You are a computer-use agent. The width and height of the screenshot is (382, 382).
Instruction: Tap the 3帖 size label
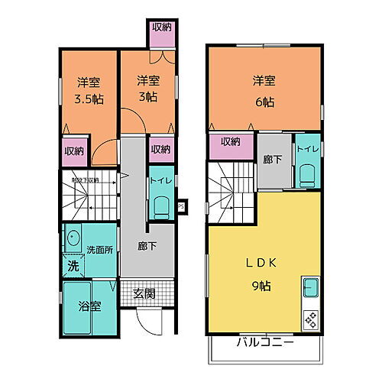148,97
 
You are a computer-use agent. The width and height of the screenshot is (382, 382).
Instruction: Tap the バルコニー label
264,342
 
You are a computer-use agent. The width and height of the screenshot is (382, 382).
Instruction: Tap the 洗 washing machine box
73,267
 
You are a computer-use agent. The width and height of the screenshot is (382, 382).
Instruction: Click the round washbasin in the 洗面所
73,238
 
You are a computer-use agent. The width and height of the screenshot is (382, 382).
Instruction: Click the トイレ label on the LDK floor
308,149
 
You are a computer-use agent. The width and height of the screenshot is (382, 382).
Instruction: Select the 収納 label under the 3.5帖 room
74,151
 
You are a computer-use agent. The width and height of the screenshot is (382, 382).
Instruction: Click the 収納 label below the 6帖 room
231,141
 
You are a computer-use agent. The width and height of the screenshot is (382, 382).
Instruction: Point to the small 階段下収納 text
85,180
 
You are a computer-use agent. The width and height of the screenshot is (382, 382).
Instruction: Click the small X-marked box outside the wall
181,206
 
